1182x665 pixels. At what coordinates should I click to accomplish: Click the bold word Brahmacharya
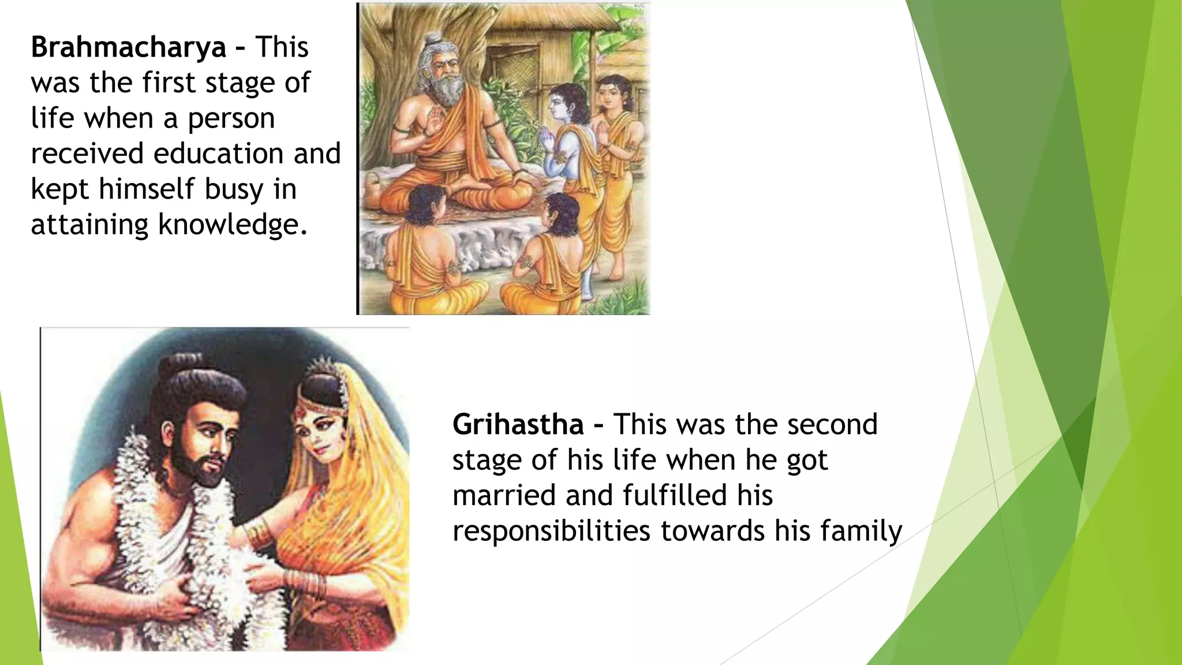128,47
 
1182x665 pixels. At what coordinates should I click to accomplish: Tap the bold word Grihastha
518,425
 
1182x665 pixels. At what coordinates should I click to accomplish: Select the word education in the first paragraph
219,154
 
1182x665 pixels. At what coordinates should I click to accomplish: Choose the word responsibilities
551,531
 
